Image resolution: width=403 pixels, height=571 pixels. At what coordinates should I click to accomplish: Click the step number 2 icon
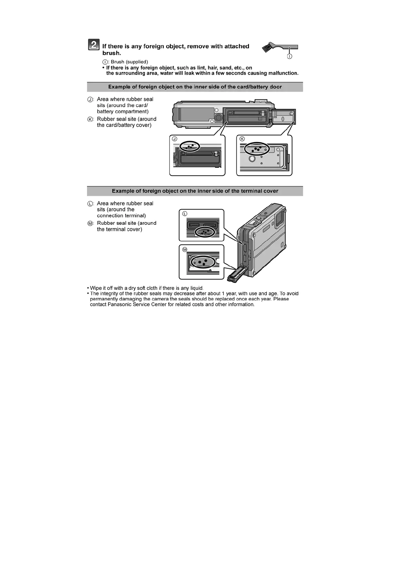(94, 45)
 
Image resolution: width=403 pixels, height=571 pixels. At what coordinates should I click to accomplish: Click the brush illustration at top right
(279, 47)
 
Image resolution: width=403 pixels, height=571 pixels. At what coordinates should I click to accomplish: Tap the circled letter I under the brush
(290, 56)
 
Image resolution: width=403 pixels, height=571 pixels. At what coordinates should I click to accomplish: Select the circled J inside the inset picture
(175, 139)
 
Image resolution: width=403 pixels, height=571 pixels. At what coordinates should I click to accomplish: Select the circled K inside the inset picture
(242, 139)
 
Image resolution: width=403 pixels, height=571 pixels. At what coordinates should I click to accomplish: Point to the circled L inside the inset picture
(185, 214)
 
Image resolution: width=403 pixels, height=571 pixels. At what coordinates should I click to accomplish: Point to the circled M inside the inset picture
(185, 250)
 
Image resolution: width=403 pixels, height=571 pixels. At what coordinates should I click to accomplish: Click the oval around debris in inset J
(190, 146)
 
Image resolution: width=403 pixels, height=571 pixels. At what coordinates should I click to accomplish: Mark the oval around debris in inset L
(205, 232)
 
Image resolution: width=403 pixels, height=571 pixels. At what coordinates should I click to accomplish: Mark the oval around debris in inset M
(203, 262)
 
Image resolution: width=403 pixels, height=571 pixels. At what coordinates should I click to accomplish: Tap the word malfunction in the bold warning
(283, 73)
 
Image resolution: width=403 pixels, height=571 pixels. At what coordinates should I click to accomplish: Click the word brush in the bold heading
(111, 53)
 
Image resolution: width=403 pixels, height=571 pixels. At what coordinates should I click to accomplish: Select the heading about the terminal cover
(195, 191)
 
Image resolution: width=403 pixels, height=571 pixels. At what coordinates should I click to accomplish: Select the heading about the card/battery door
(195, 87)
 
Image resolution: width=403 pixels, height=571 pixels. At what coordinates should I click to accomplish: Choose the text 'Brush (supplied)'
(129, 62)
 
